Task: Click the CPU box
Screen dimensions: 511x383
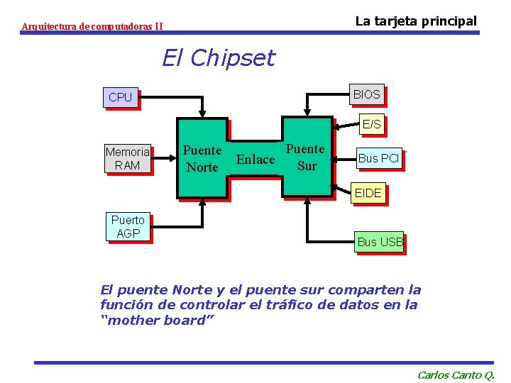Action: [x=120, y=97]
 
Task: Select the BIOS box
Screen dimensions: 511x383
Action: [x=366, y=94]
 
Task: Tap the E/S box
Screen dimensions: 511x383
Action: [x=371, y=124]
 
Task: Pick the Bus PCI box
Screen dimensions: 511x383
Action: [x=378, y=158]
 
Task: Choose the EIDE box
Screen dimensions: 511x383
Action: [x=368, y=192]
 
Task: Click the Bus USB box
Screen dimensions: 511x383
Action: [x=380, y=242]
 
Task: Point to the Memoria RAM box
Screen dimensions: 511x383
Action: [x=128, y=158]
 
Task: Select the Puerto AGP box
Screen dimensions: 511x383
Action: [x=128, y=226]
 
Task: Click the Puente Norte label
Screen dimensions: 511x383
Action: [x=202, y=158]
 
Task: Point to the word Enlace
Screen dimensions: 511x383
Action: [x=255, y=160]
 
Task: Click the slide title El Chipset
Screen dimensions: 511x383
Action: [x=218, y=57]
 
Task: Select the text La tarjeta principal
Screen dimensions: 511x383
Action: [x=416, y=21]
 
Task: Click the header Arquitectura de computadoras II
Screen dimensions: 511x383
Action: [x=92, y=26]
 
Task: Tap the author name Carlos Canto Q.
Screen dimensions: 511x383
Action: [x=456, y=374]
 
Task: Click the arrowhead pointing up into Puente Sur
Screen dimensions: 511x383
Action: [x=307, y=202]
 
